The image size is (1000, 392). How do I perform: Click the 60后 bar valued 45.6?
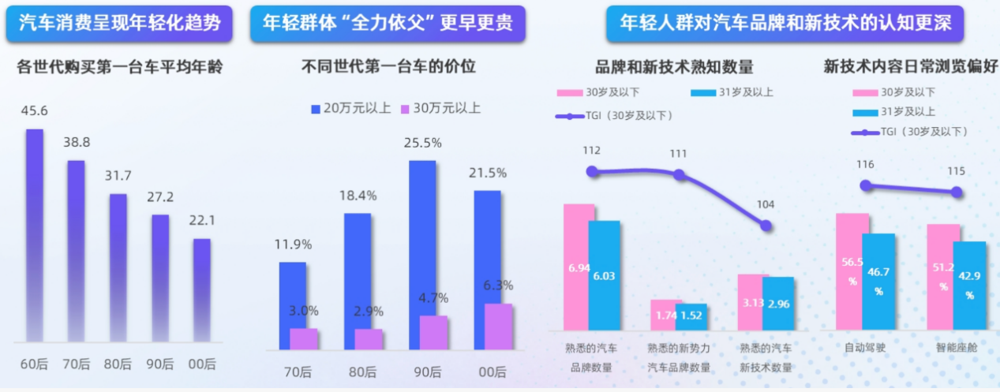(x=35, y=237)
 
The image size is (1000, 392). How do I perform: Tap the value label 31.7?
(x=118, y=175)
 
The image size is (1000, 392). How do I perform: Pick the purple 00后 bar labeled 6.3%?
(x=498, y=327)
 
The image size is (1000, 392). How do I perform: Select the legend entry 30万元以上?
(x=440, y=108)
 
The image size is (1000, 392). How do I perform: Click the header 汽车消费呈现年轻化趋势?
(x=119, y=24)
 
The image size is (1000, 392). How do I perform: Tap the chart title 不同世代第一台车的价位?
(x=389, y=67)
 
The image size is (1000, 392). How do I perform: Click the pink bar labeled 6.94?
(x=579, y=267)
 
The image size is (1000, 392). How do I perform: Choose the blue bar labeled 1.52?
(x=691, y=316)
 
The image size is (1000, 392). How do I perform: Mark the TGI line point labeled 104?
(x=766, y=226)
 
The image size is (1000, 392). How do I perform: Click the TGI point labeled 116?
(x=866, y=185)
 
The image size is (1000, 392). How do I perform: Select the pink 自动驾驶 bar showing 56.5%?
(x=852, y=272)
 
